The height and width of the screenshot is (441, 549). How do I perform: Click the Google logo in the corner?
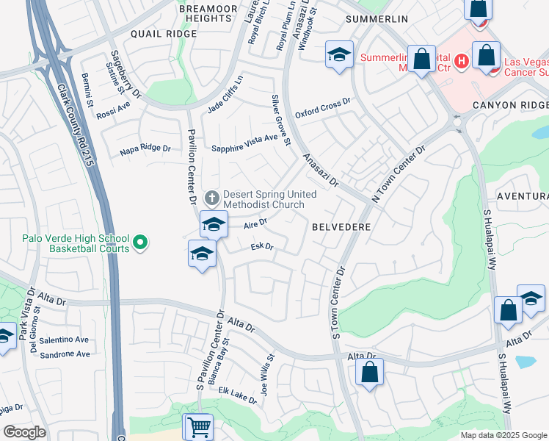point(24,432)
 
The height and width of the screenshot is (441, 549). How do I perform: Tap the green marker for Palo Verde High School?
point(141,241)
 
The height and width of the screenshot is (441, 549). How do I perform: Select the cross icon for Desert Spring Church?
point(212,198)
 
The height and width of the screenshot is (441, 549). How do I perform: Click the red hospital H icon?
point(461,61)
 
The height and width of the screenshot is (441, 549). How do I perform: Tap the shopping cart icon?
point(197,426)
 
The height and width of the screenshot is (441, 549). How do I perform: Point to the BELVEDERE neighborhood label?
point(341,228)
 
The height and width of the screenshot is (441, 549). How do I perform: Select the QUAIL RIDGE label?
point(164,34)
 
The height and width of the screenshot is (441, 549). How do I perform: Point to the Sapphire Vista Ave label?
point(245,143)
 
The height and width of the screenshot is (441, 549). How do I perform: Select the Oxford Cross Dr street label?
point(323,109)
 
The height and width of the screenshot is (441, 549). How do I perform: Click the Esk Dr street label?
point(262,247)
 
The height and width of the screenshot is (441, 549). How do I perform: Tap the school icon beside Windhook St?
point(338,56)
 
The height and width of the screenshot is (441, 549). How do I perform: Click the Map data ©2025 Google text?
point(503,434)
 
